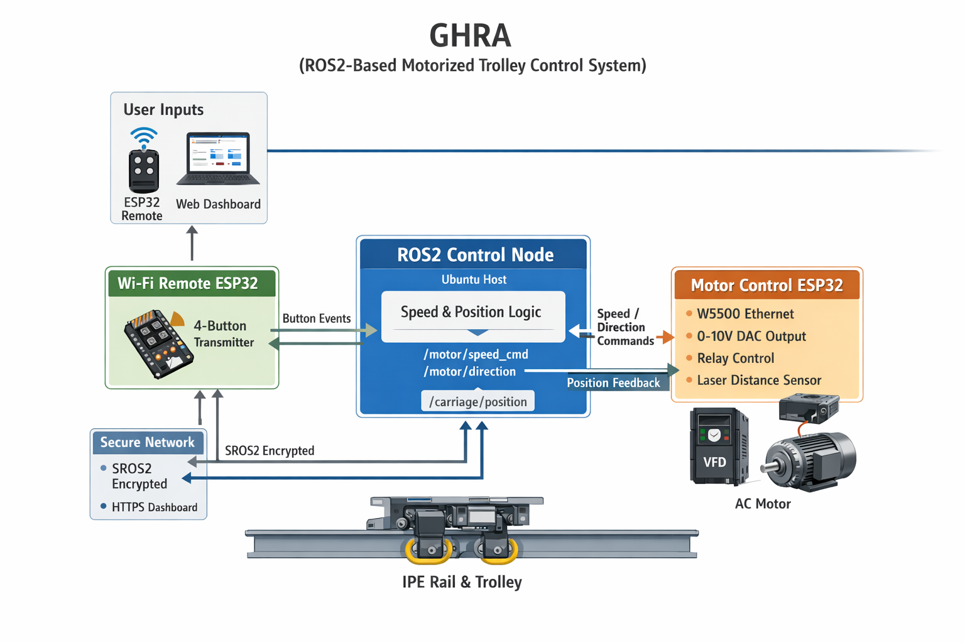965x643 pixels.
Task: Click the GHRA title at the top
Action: coord(470,36)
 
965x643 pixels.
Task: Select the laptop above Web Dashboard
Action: coord(218,159)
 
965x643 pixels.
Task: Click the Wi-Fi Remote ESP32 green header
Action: coord(188,283)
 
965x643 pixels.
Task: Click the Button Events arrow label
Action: coord(317,318)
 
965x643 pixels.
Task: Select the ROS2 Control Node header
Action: coord(475,254)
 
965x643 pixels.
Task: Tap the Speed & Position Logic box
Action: coord(471,313)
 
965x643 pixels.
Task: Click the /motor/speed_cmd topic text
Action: coord(476,354)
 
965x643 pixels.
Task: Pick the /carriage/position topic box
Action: coord(477,402)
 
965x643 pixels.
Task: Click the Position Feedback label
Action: coord(613,383)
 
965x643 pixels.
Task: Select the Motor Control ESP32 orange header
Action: coord(766,285)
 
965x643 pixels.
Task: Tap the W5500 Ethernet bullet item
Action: coord(745,314)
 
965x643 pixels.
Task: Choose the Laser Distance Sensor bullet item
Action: coord(759,380)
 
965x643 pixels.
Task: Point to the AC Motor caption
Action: coord(763,504)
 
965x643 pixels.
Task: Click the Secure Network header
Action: coord(148,442)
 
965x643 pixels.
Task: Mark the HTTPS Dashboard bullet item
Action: coord(154,507)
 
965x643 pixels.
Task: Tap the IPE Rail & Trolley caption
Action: coord(462,582)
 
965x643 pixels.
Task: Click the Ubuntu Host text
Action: coord(474,279)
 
